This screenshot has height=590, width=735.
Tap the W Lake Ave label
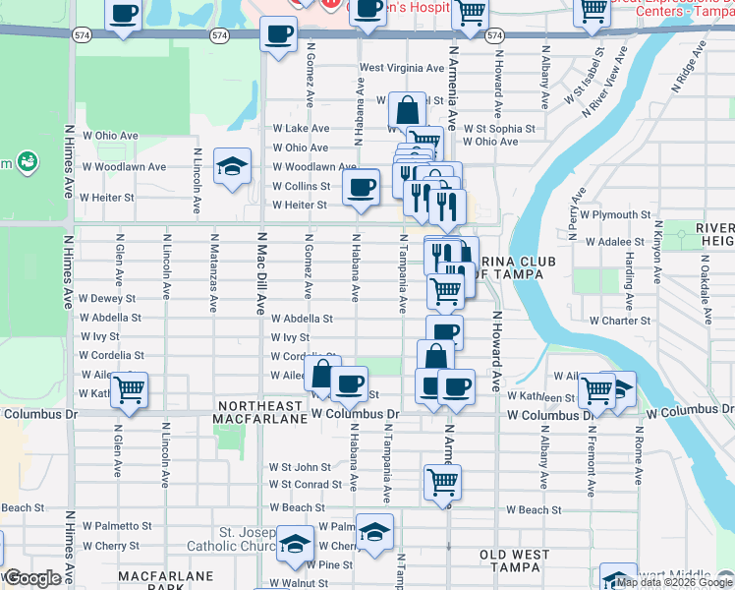[301, 129]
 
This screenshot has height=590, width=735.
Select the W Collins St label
[301, 186]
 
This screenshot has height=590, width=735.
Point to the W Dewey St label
[107, 298]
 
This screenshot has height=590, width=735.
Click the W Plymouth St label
[615, 214]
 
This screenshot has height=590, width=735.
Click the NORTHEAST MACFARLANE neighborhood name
[259, 412]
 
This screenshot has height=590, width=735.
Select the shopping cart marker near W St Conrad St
[443, 481]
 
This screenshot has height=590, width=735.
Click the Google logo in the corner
[32, 578]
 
